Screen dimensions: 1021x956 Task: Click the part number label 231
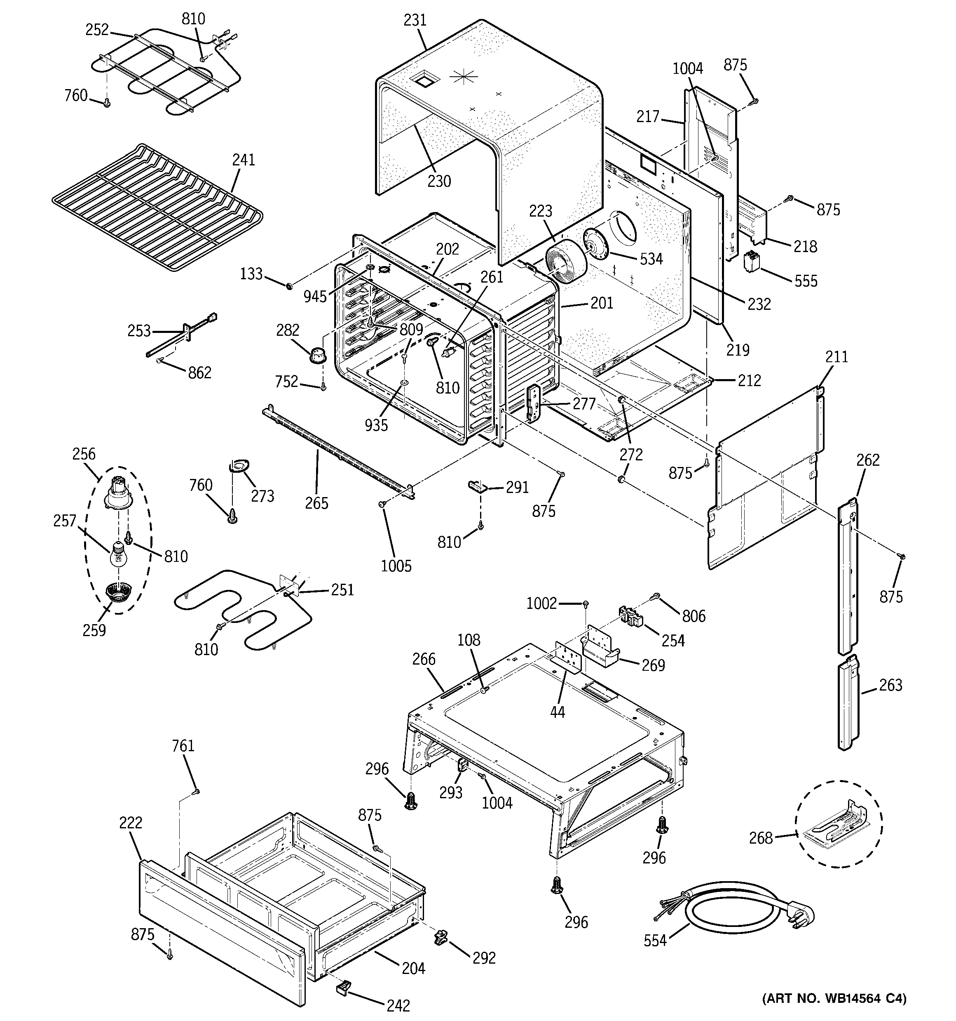tap(415, 21)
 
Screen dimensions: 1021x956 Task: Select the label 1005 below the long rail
tap(396, 566)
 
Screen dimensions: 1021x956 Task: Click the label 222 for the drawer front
tap(130, 822)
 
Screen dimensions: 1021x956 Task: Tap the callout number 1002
tap(541, 603)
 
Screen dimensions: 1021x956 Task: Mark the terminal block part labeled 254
tap(630, 615)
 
